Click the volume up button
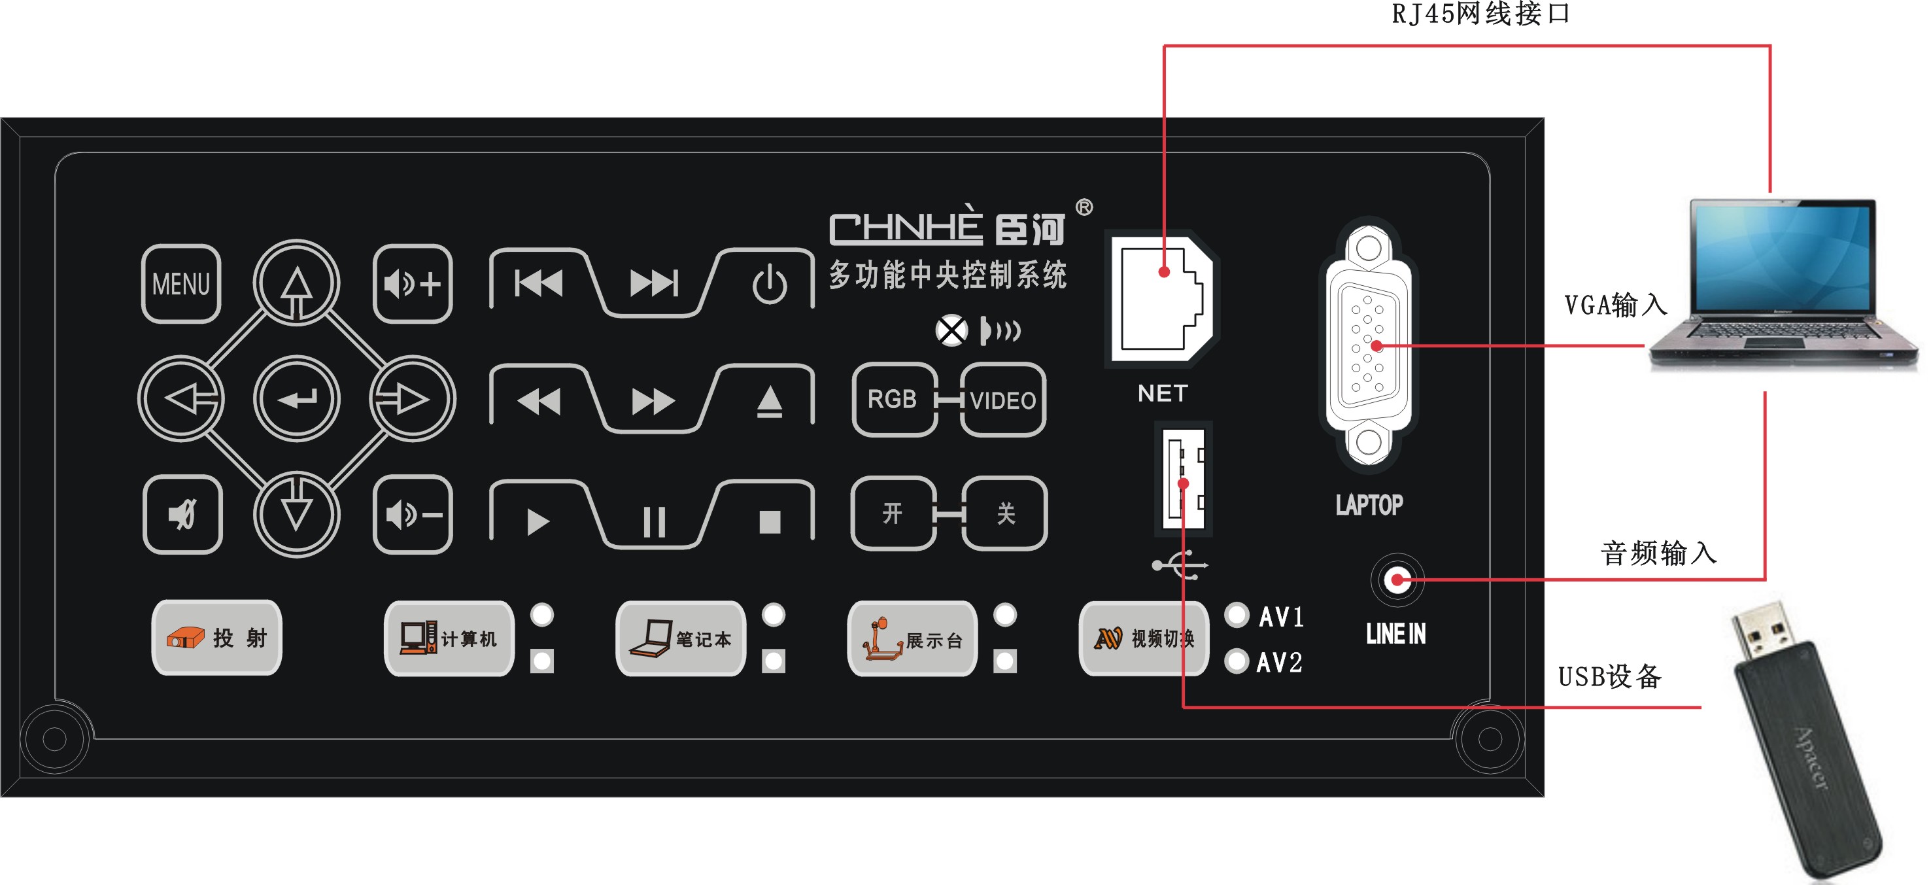pos(412,283)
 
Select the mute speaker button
pos(182,515)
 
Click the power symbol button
pos(769,285)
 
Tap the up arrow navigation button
pos(297,283)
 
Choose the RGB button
pos(893,399)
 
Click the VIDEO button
pos(1003,400)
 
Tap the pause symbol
pos(654,521)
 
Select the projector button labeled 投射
pos(216,638)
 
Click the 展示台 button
pos(912,639)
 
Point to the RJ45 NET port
pos(1163,298)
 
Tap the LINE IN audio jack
pos(1397,580)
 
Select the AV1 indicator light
pos(1237,615)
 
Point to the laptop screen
pos(1783,255)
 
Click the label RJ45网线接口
pos(1480,14)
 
